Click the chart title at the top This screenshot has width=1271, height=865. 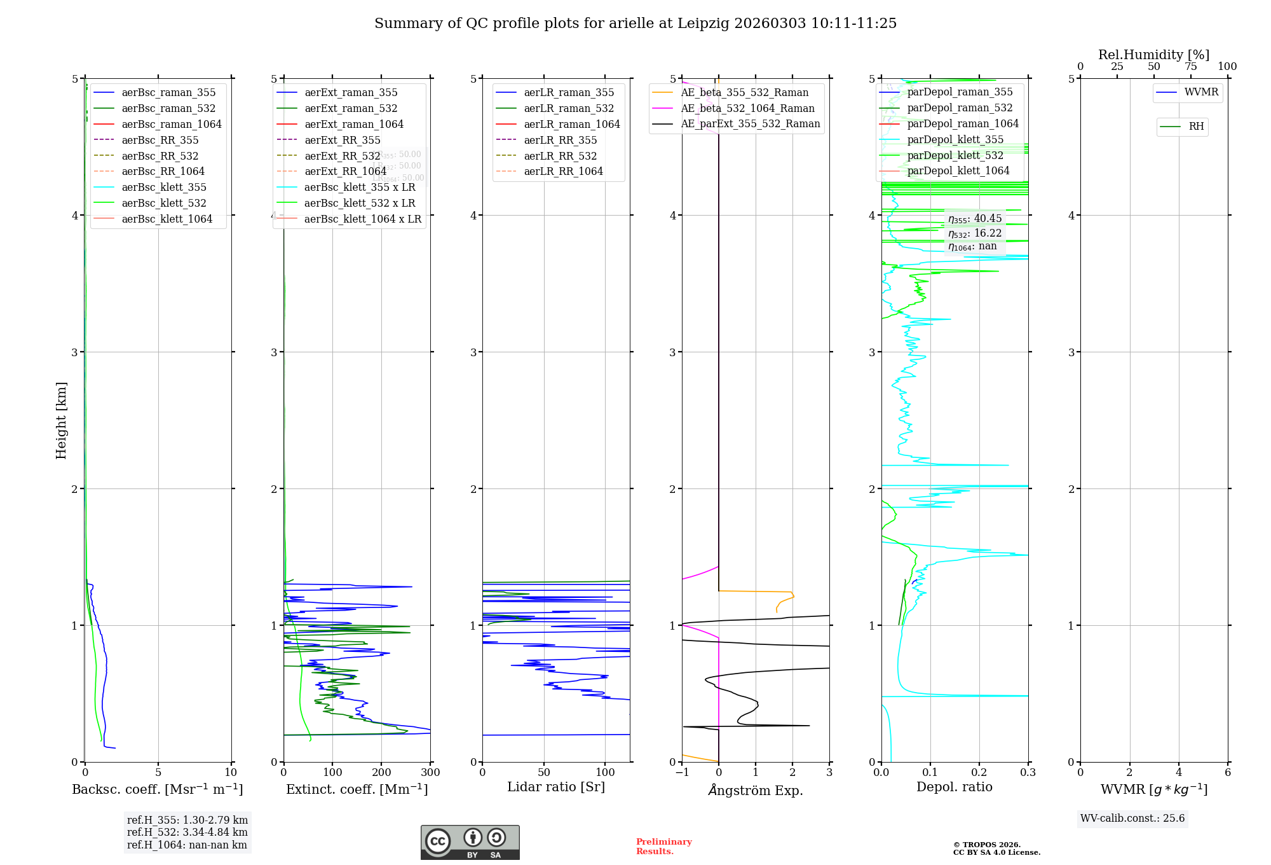coord(635,24)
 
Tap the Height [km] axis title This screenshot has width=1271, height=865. coord(61,420)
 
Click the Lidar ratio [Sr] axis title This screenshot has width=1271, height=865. coord(556,787)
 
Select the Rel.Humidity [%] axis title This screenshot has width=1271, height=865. coord(1153,55)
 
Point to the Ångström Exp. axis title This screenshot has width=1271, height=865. coord(756,791)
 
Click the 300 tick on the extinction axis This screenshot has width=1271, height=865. coord(430,773)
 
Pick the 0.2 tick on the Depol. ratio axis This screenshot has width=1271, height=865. coord(979,773)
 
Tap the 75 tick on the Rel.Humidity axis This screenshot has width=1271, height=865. coord(1190,67)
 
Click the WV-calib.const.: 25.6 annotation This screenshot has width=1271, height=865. coord(1132,819)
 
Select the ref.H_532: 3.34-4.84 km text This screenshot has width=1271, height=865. coord(187,833)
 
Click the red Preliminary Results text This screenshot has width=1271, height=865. coord(663,847)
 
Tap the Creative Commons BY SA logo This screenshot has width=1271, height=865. coord(470,842)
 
